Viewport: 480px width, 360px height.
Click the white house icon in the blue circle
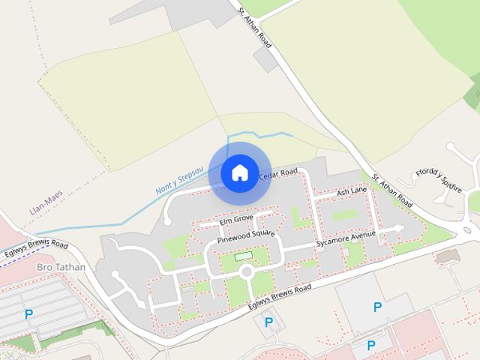pos(239,172)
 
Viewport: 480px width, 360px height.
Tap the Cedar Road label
pos(278,174)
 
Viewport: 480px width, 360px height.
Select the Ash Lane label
pos(352,193)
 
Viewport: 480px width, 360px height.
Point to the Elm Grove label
pos(236,221)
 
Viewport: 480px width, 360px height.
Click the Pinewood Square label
pos(246,236)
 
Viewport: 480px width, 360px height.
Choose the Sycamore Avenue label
pos(345,239)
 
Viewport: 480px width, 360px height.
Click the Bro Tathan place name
pos(61,267)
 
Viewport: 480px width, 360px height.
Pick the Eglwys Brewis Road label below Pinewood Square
pos(281,298)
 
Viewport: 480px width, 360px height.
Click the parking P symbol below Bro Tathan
pos(29,314)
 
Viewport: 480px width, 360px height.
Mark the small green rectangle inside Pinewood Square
pos(244,257)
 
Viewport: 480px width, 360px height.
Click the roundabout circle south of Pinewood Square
pos(246,272)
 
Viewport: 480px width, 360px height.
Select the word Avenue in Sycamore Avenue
pos(359,235)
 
